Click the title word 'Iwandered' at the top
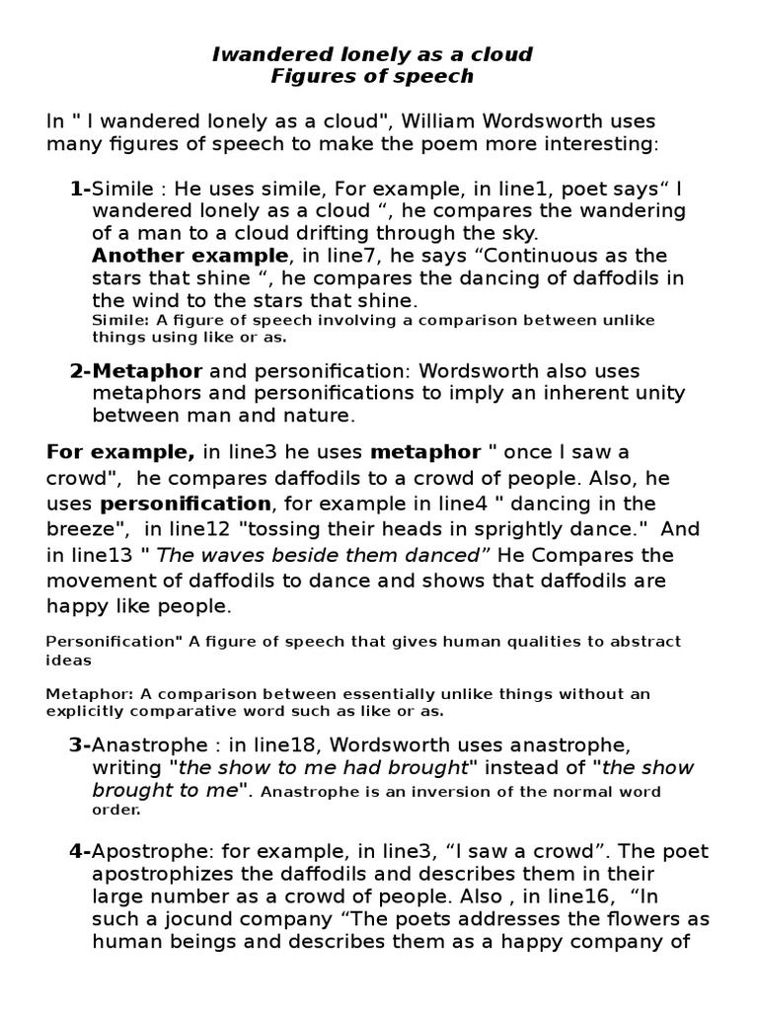coord(265,53)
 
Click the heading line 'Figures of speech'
coord(372,76)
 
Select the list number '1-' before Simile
coord(80,188)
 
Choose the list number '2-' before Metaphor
coord(80,371)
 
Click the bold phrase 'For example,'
coord(121,453)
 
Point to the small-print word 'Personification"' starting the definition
coord(108,642)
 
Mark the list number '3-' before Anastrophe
coord(80,743)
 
